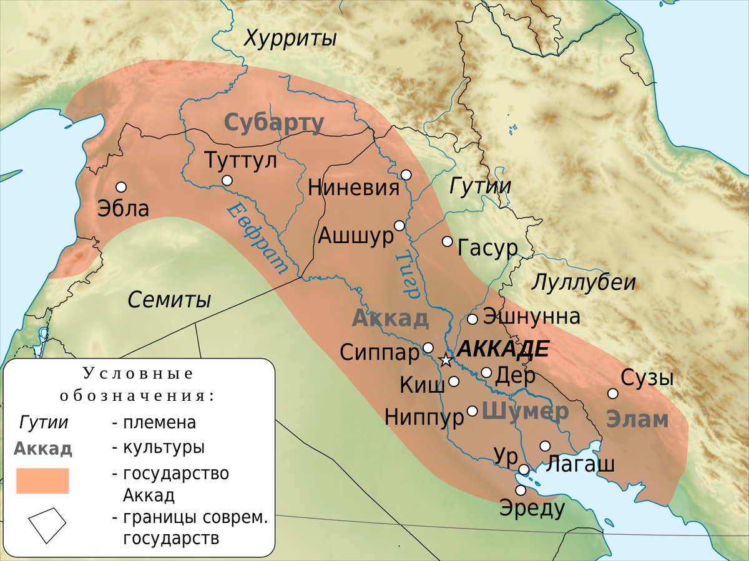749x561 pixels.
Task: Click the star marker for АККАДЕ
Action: point(446,360)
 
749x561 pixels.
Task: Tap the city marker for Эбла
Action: point(121,187)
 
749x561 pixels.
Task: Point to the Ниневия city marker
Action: point(406,175)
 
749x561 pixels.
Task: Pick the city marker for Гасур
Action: point(447,241)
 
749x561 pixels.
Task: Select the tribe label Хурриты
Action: point(290,39)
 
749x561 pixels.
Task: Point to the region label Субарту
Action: point(274,123)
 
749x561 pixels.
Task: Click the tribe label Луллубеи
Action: point(584,282)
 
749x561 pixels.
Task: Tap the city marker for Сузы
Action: point(613,393)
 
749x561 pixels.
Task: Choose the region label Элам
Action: point(637,420)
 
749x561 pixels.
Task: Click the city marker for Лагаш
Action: point(545,446)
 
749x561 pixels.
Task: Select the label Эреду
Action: point(532,509)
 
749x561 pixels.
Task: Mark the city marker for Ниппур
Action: point(472,411)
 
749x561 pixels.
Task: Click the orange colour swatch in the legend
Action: point(42,481)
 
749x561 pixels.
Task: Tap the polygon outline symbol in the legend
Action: point(47,525)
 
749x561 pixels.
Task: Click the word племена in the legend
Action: point(160,423)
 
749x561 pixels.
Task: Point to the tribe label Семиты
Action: point(169,300)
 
